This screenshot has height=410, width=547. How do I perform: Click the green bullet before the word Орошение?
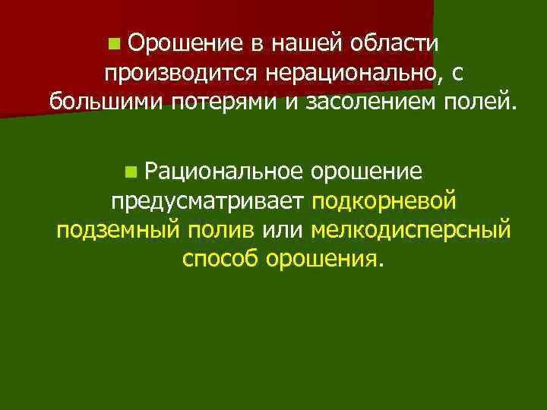click(113, 46)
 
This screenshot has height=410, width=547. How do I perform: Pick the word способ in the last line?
click(221, 259)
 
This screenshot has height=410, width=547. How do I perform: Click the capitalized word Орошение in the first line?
click(182, 44)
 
